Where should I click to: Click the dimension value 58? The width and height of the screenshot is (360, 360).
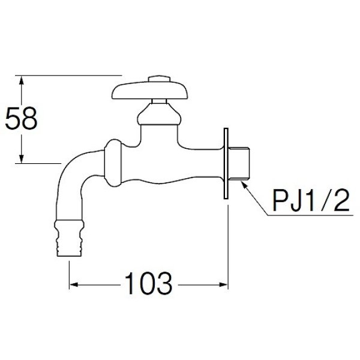click(22, 120)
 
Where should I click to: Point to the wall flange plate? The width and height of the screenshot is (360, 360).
click(227, 164)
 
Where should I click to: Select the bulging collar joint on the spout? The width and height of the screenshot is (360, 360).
click(114, 163)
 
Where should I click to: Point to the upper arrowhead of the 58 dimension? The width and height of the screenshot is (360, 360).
click(22, 80)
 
